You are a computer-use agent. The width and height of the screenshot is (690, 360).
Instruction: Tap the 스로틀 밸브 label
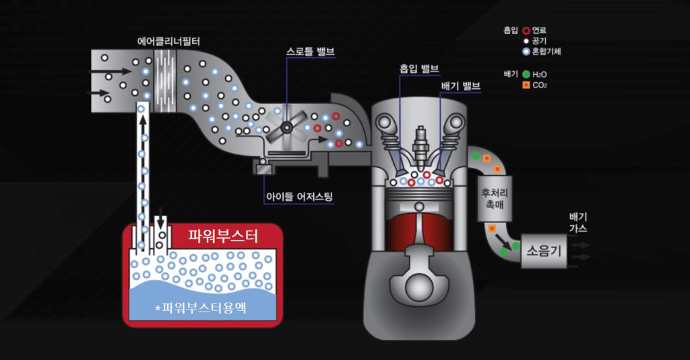tap(310, 51)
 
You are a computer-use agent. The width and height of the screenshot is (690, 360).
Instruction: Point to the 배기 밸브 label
tap(460, 86)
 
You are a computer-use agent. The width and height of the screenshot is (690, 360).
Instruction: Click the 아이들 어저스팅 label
tap(299, 197)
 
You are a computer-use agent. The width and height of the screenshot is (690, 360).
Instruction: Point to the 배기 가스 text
tap(578, 222)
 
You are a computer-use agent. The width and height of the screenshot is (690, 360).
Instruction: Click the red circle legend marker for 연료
tap(526, 30)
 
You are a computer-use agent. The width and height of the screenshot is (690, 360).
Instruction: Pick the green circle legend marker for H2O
tap(526, 73)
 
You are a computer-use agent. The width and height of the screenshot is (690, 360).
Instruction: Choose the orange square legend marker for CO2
tap(526, 85)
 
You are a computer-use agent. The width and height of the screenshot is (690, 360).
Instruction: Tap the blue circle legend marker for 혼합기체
tap(526, 51)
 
